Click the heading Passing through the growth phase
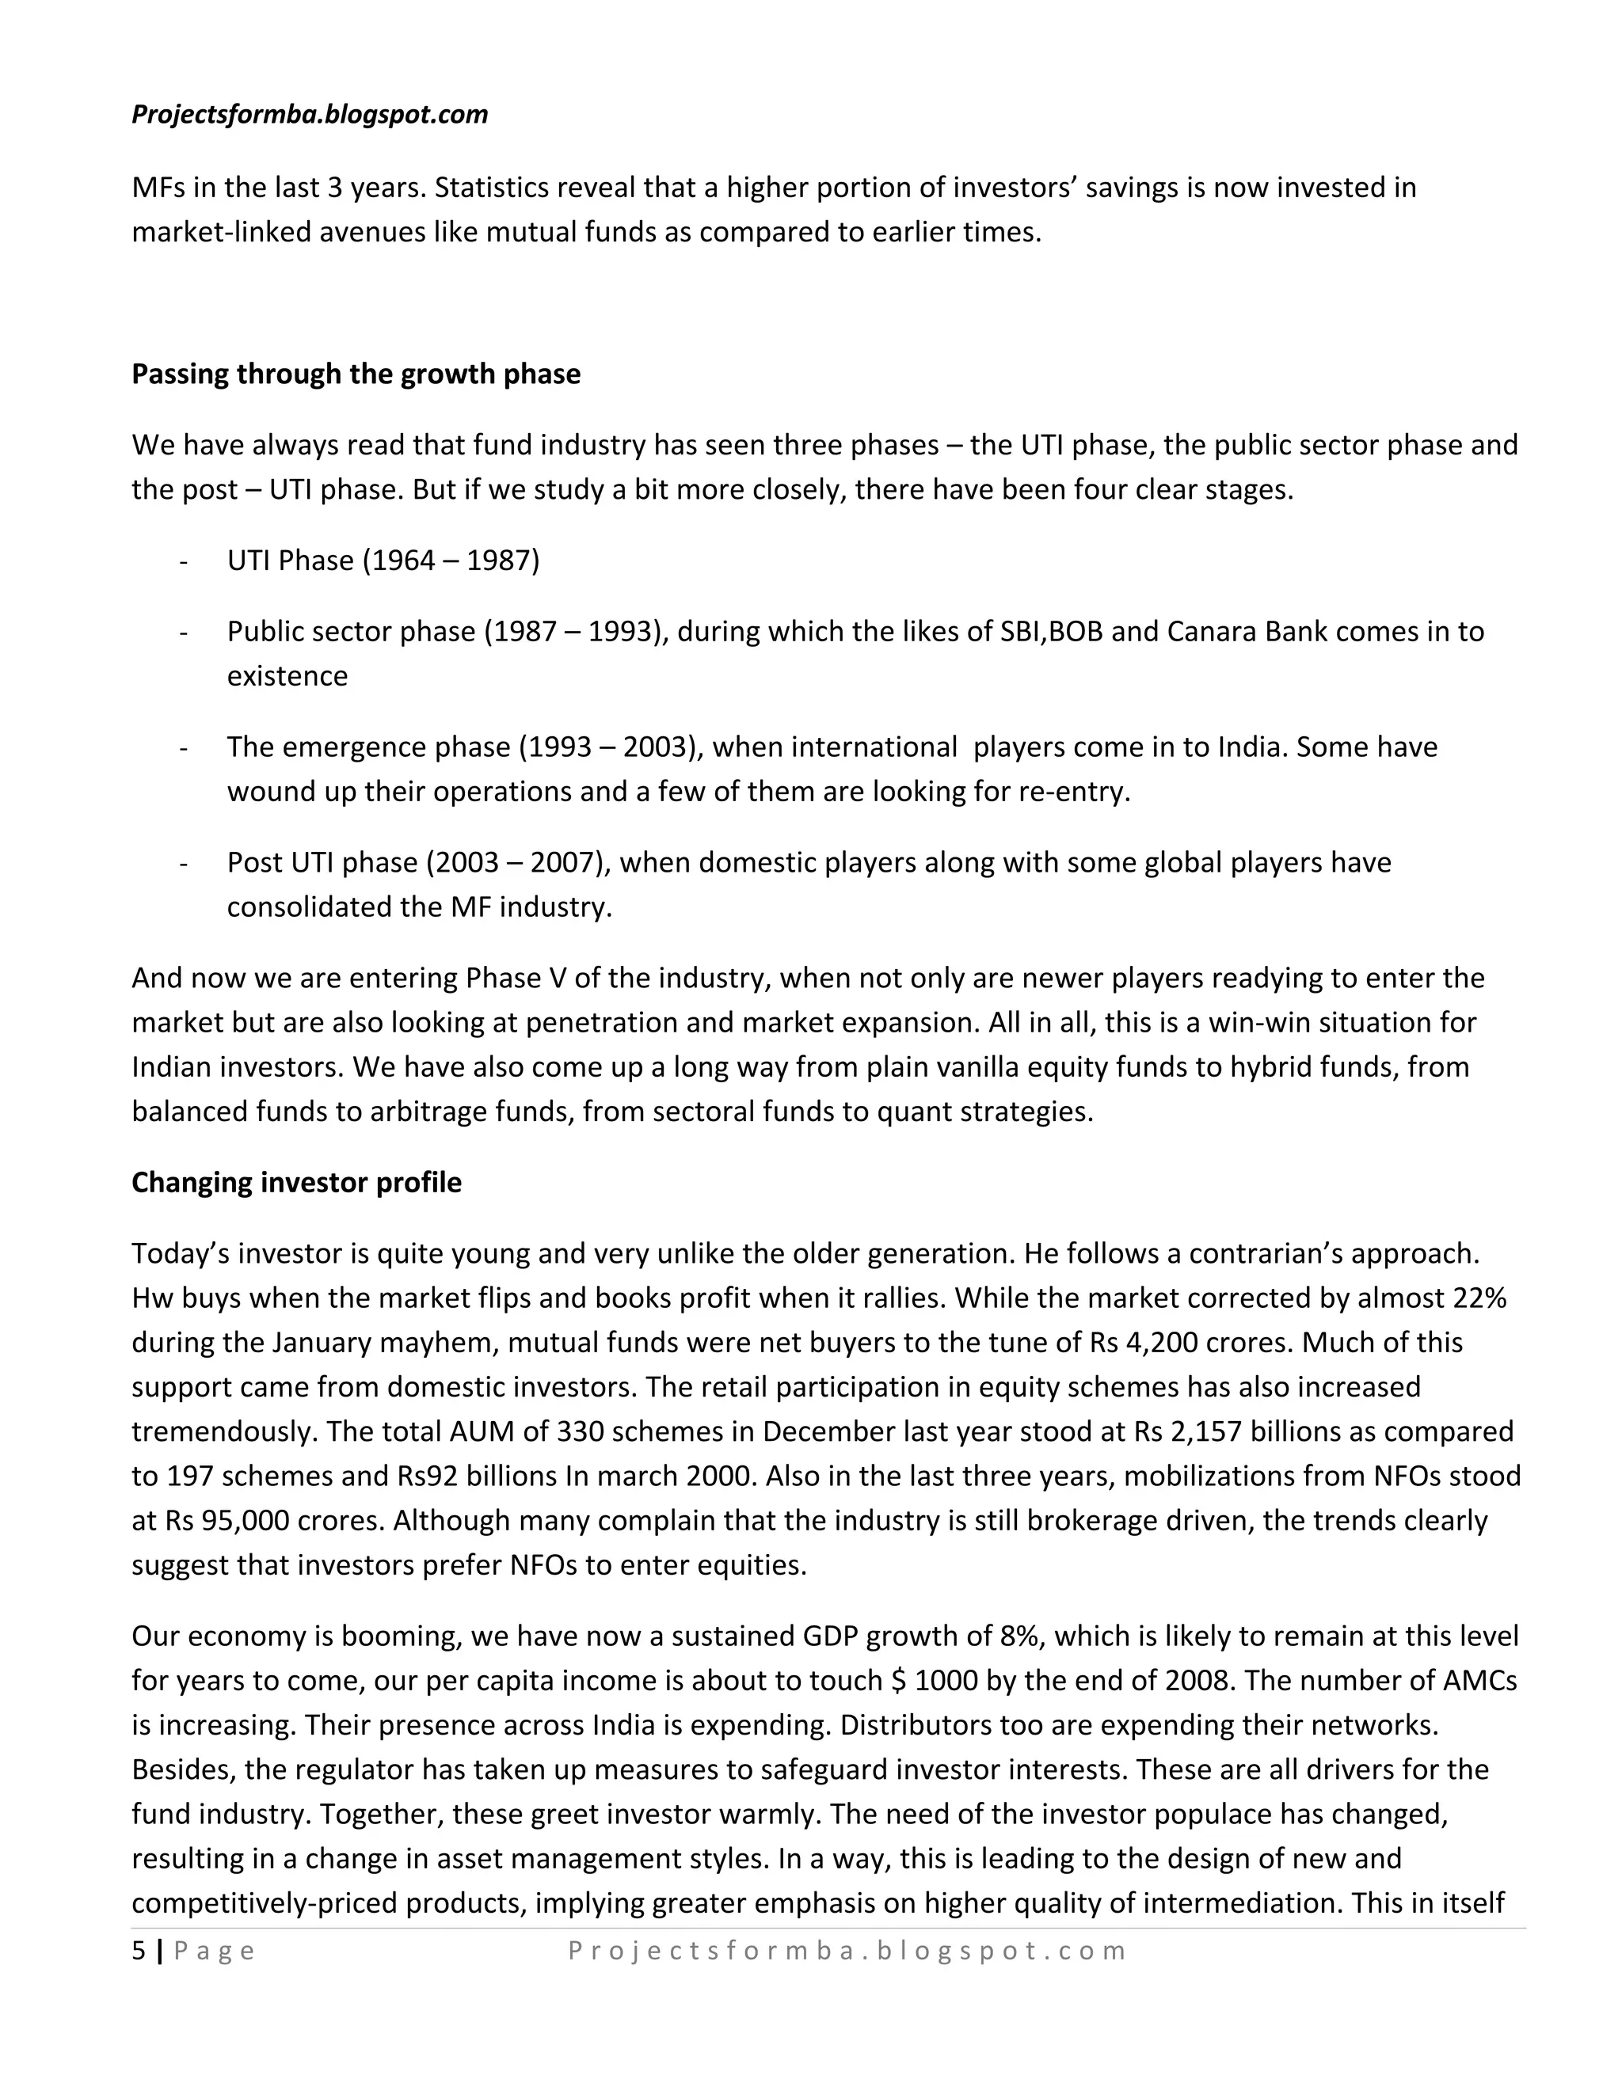point(356,374)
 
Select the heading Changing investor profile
point(296,1183)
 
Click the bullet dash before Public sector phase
point(183,632)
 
